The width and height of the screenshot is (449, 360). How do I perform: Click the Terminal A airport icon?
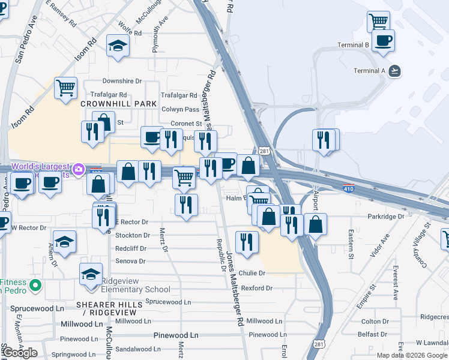click(x=394, y=71)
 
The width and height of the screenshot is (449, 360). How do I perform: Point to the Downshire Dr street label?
click(x=122, y=80)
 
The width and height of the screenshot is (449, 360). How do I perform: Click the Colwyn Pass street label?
click(x=180, y=109)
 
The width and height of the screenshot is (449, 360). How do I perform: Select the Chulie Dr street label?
click(x=252, y=273)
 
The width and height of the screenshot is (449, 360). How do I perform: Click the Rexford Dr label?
click(x=257, y=289)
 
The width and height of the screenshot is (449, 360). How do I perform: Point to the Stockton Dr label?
click(x=132, y=236)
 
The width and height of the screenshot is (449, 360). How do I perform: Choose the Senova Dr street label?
click(x=130, y=261)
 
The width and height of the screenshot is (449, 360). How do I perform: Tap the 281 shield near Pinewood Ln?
click(x=318, y=345)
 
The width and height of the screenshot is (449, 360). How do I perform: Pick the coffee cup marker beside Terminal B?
click(x=383, y=41)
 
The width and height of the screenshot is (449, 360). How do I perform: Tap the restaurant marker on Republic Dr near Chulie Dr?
click(x=247, y=241)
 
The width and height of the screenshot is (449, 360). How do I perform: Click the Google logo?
click(x=20, y=352)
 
